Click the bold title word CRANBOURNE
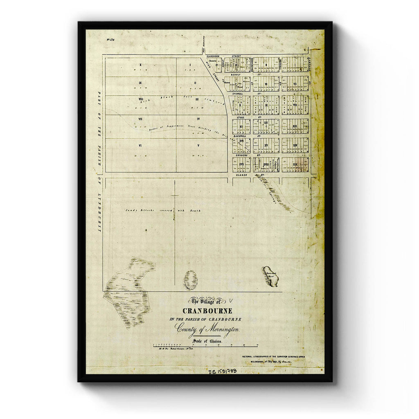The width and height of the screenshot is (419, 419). point(207,311)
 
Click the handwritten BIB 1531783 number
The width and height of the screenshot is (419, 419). point(222,372)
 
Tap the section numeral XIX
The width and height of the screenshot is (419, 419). point(295,164)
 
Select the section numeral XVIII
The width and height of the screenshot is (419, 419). point(266,164)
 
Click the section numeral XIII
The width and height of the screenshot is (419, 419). point(295,126)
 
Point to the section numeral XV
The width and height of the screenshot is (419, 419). point(266,145)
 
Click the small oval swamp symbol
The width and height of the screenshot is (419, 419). point(190,280)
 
